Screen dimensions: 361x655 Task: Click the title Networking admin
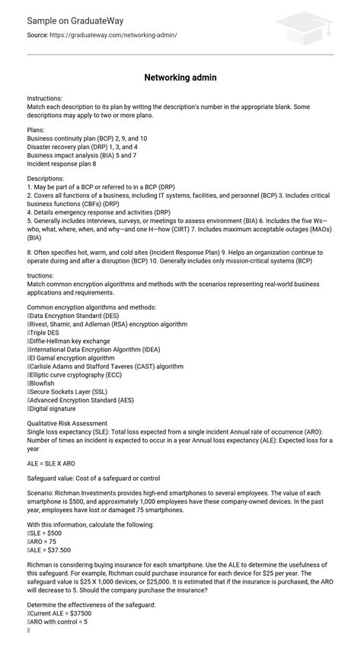pos(180,78)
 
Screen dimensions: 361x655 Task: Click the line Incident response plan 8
pos(62,163)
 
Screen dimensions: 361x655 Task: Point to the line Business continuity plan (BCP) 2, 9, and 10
pos(87,138)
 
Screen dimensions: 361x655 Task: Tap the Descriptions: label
pos(47,179)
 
